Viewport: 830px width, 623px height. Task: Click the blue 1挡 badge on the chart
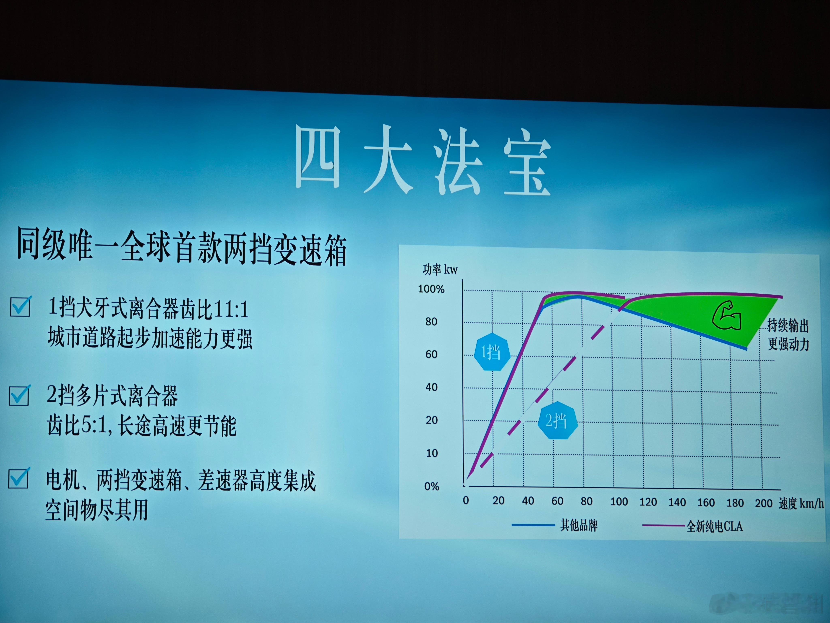pos(492,352)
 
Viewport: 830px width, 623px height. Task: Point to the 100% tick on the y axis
pos(431,289)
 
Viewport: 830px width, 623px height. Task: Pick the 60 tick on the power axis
pos(431,354)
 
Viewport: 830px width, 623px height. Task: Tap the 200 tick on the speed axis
pos(764,503)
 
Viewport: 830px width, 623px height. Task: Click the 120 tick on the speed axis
pos(648,502)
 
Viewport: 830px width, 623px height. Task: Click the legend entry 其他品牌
pos(579,525)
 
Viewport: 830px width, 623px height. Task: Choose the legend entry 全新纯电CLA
pos(714,526)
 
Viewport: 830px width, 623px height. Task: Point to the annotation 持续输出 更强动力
pos(788,335)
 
